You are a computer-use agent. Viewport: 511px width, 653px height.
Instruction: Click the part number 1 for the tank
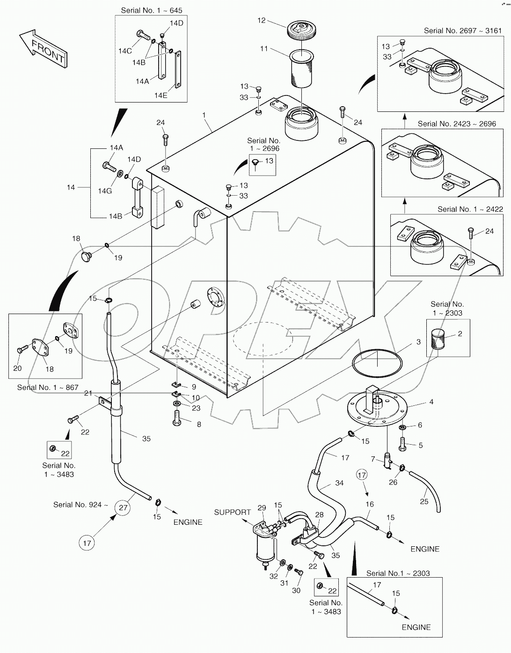(x=204, y=115)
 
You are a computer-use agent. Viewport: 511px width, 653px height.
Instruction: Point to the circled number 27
(x=123, y=507)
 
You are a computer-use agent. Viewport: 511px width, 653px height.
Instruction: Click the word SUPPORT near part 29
(x=232, y=512)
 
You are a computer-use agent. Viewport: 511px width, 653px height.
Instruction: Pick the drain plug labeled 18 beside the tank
(x=86, y=256)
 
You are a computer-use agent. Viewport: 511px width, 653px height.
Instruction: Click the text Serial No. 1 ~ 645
(x=152, y=10)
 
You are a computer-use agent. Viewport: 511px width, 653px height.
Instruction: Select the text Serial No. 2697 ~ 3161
(x=462, y=31)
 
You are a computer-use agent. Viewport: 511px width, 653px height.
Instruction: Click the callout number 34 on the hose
(x=339, y=483)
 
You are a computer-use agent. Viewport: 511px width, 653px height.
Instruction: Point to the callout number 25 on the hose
(x=424, y=501)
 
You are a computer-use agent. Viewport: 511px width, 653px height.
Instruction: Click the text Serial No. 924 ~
(x=80, y=505)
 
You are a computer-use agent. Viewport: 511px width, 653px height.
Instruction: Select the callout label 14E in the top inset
(x=161, y=95)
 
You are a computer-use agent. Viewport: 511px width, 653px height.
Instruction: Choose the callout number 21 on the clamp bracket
(x=88, y=393)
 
